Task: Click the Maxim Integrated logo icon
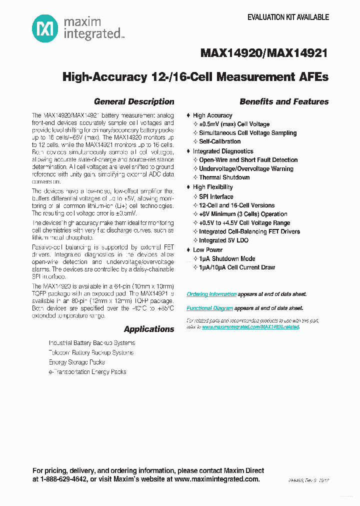click(x=45, y=28)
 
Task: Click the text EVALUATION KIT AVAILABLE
click(x=288, y=17)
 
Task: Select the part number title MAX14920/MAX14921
click(x=264, y=53)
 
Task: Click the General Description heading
click(x=134, y=101)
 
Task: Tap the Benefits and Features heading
click(x=284, y=101)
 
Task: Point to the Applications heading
click(x=149, y=329)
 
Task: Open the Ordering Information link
click(x=211, y=294)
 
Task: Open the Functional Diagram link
click(x=209, y=308)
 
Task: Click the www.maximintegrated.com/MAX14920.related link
click(x=250, y=326)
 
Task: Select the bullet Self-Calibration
click(x=219, y=141)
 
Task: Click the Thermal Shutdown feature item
click(x=224, y=177)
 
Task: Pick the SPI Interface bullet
click(x=216, y=196)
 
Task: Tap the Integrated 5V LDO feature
click(x=223, y=240)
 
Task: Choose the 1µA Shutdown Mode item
click(x=227, y=258)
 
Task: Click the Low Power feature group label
click(x=207, y=249)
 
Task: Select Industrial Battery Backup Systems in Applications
click(x=91, y=343)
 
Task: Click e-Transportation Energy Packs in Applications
click(x=87, y=372)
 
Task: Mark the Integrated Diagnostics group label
click(x=223, y=151)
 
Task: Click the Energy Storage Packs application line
click(x=76, y=362)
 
